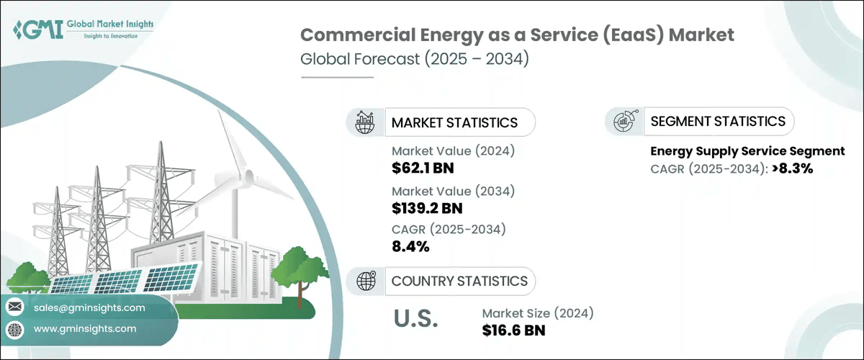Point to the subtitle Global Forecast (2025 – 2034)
click(415, 59)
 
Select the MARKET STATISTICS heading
click(454, 122)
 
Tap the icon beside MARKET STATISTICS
click(364, 122)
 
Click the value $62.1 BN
click(423, 168)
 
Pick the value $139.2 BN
click(427, 208)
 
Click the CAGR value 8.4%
click(410, 247)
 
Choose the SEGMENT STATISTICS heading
click(718, 122)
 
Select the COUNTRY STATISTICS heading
click(459, 281)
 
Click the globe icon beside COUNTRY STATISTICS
click(365, 281)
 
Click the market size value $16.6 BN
click(513, 330)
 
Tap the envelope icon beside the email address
click(14, 307)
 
